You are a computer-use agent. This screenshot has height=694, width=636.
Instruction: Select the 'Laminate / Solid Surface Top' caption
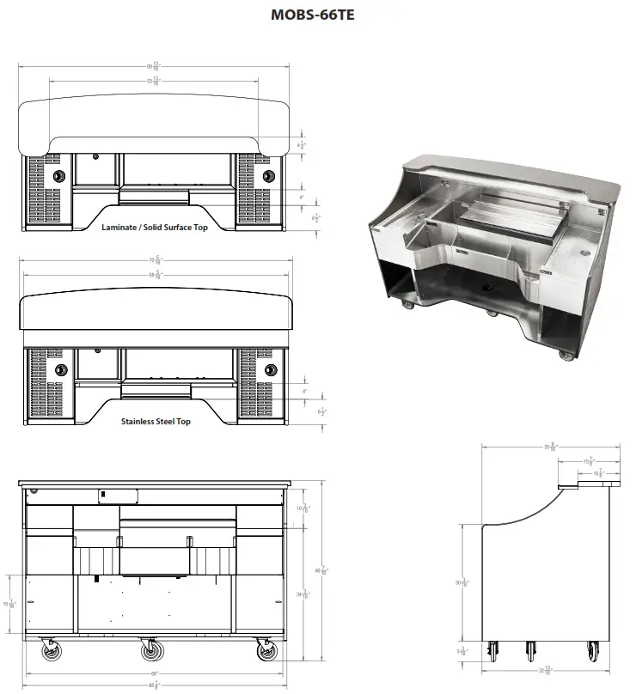[155, 228]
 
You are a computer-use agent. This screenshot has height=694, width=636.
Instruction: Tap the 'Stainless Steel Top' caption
[156, 422]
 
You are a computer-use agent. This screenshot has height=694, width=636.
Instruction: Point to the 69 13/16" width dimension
[154, 67]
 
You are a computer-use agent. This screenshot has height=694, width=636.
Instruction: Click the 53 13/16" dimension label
[155, 82]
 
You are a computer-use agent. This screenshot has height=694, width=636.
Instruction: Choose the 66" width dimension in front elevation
[155, 672]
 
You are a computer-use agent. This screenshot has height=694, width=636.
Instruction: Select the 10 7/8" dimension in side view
[598, 473]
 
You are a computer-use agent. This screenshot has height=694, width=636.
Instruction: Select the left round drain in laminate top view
[58, 175]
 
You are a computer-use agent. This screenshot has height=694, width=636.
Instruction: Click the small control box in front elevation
[119, 496]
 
